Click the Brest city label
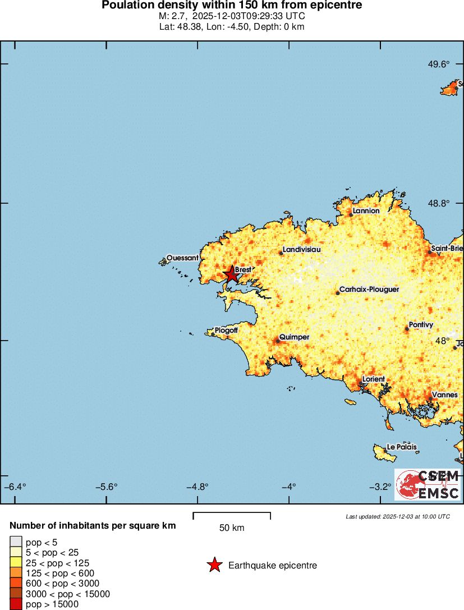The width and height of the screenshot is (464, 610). [x=243, y=269]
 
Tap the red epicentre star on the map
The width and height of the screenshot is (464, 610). [x=231, y=274]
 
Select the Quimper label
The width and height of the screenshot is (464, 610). [x=294, y=337]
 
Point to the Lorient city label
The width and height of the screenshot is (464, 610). [x=374, y=379]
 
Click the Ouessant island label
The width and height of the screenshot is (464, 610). [x=182, y=258]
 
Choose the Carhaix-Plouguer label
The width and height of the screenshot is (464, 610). [x=369, y=289]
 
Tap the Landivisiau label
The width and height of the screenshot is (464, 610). [x=302, y=249]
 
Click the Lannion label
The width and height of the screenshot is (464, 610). [x=366, y=210]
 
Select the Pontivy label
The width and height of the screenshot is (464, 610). [x=421, y=324]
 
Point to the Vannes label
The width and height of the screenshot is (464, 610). [x=445, y=395]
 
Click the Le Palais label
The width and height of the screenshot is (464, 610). [x=402, y=447]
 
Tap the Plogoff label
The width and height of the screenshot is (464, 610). [x=226, y=331]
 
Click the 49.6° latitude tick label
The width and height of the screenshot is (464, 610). [x=439, y=64]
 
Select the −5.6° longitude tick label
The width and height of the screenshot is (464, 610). [x=106, y=487]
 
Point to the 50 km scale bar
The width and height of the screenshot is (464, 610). [x=232, y=516]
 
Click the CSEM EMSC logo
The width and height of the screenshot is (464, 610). [x=428, y=484]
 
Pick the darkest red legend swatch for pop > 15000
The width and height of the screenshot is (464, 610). [x=16, y=604]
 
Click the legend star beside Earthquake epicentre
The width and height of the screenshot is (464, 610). [x=214, y=565]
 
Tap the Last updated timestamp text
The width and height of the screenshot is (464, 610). [x=398, y=516]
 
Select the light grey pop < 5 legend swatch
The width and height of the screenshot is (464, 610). [x=16, y=542]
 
